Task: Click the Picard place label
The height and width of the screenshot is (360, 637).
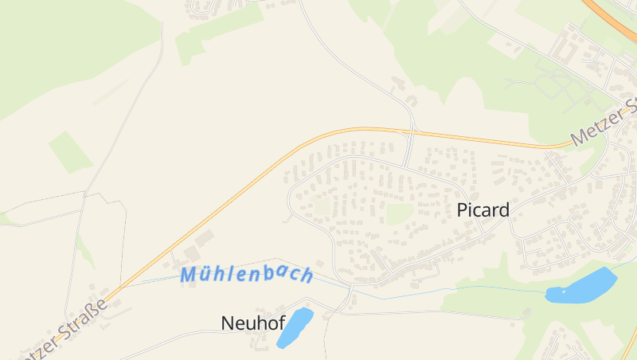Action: (483, 210)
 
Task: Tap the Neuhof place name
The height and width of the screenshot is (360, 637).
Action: (252, 323)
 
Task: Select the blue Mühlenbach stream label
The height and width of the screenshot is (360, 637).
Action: (246, 275)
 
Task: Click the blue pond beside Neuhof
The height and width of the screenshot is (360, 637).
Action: (295, 327)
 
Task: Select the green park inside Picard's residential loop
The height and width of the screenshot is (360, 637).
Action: (398, 213)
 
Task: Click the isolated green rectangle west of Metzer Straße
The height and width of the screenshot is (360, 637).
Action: (71, 151)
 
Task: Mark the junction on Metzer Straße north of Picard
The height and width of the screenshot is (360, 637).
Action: (412, 130)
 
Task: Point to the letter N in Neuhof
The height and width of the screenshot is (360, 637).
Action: (227, 323)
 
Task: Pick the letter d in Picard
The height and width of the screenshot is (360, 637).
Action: (503, 210)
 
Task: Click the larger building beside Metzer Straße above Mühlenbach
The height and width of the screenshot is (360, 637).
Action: (205, 238)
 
